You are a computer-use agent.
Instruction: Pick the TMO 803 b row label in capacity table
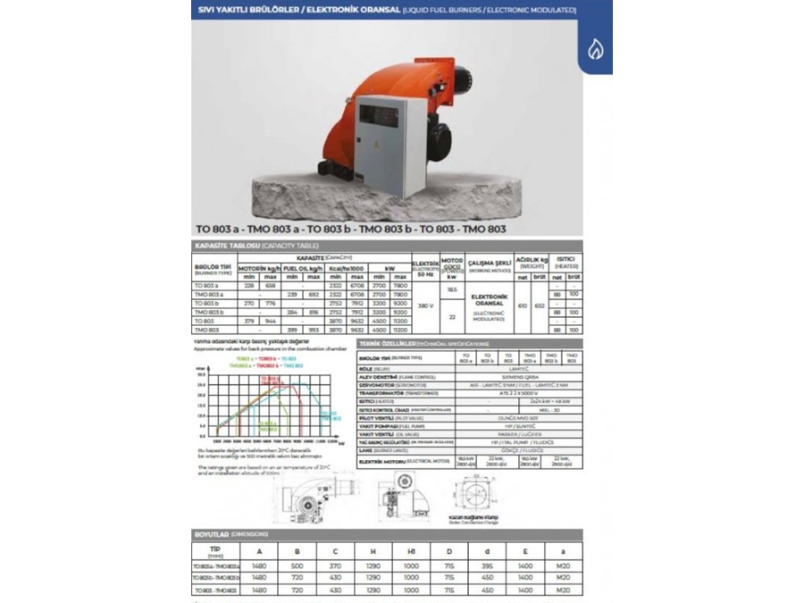coord(209,311)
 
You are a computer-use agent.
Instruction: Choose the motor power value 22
coord(453,316)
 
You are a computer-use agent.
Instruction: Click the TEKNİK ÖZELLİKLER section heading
coord(417,343)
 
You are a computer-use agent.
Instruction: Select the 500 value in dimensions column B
coord(296,565)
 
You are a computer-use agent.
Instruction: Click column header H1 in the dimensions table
coord(410,550)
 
